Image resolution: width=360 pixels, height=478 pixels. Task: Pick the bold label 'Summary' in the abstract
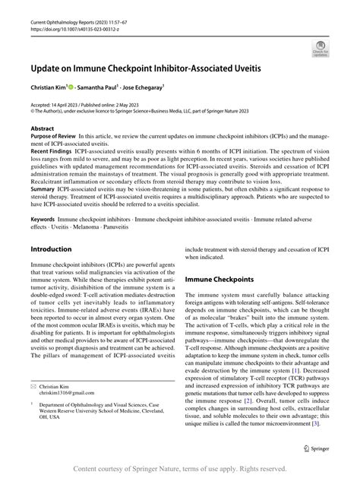[x=43, y=189]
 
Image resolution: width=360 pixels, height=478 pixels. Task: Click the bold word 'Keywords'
[x=44, y=218]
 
